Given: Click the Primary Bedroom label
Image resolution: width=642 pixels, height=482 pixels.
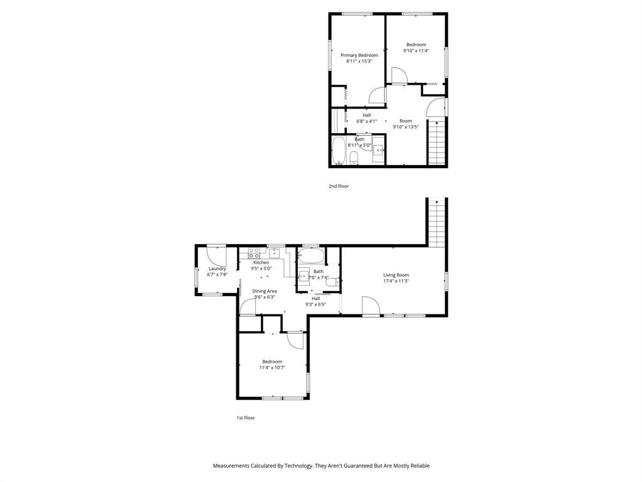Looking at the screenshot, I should point(359,55).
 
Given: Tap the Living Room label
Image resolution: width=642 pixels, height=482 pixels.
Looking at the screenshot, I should point(396,275).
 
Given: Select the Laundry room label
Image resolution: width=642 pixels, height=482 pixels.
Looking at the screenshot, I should point(217,269).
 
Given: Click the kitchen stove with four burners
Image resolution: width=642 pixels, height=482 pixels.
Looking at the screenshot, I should point(255,254).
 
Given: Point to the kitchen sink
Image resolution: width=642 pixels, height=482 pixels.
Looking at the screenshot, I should point(273,253).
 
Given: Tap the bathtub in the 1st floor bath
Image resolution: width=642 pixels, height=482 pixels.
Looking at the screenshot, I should point(310,255).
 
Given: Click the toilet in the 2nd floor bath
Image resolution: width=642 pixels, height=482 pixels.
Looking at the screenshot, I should point(354,156).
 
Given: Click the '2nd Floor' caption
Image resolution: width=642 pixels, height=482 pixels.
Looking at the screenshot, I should point(339,186).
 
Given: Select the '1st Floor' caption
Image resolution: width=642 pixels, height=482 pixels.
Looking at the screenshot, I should point(245,417).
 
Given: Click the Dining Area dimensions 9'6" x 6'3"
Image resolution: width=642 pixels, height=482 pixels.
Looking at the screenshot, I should point(265,297).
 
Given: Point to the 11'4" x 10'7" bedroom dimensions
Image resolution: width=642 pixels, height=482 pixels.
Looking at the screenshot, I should point(272,368).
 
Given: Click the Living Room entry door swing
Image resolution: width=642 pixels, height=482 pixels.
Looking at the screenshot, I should point(370,306).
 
